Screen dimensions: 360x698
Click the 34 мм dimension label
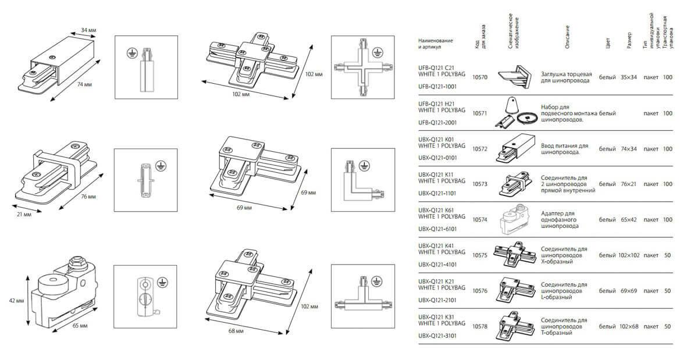coord(88,30)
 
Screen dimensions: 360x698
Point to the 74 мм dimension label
coord(85,85)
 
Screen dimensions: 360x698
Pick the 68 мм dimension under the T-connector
coord(237,330)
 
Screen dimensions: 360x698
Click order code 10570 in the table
coord(480,77)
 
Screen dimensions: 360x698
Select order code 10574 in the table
coord(480,219)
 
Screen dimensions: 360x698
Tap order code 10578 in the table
coord(480,326)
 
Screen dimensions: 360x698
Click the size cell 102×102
coord(629,255)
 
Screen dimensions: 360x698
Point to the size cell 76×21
coord(629,184)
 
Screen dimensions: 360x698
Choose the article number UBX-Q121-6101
coord(437,229)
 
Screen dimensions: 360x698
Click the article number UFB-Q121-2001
coord(437,123)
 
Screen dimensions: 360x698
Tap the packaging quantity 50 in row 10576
coord(667,290)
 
